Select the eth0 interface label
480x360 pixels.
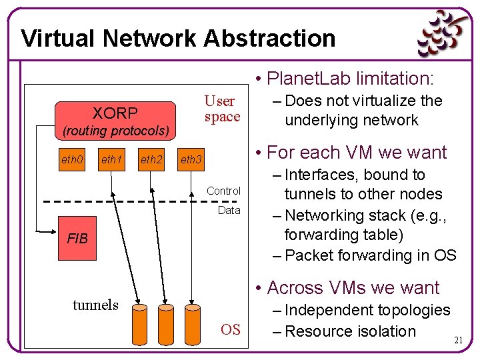pos(72,159)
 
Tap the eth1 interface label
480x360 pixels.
pos(112,159)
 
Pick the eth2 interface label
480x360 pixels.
pos(152,159)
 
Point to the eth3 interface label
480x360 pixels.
pos(192,159)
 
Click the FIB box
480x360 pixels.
pos(77,238)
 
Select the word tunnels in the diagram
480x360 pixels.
pos(95,305)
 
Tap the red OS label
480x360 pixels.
pos(230,329)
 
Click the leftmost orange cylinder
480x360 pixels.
pos(140,325)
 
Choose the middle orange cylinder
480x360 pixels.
pos(165,325)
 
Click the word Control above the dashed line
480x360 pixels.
pos(223,191)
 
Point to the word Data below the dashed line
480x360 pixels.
pos(229,210)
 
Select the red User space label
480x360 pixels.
pos(222,109)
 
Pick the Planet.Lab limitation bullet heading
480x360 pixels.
pos(346,79)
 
